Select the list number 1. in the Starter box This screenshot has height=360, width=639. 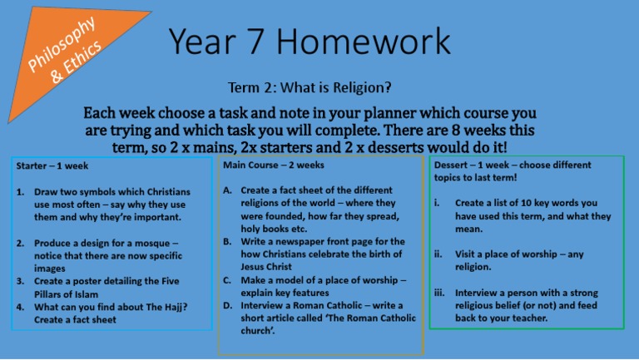[x=21, y=191]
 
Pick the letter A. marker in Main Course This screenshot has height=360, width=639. [x=229, y=190]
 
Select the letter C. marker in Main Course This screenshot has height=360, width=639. [x=229, y=279]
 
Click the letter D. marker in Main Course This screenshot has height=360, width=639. [x=229, y=305]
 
